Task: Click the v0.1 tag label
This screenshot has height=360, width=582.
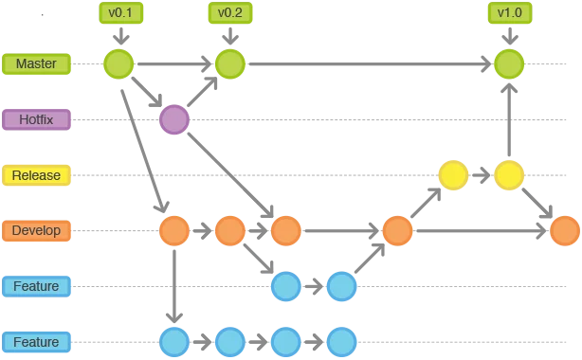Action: [x=121, y=13]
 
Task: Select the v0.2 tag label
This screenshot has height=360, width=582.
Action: [x=230, y=13]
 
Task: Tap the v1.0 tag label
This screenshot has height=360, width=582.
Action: [x=510, y=13]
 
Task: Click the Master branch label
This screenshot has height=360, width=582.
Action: [x=36, y=63]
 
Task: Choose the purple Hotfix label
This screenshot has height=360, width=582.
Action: [x=36, y=119]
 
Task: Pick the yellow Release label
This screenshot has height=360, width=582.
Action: [x=36, y=175]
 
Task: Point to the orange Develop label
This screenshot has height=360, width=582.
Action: [x=36, y=231]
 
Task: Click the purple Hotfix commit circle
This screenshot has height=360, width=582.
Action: [x=174, y=119]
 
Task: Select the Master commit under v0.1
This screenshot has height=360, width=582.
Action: [x=118, y=63]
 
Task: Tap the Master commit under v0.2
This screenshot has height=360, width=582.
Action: [x=230, y=63]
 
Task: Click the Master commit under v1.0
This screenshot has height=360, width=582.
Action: [x=509, y=63]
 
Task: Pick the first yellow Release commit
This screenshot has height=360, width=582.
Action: [x=453, y=175]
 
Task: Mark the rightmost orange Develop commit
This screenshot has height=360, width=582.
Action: [x=565, y=231]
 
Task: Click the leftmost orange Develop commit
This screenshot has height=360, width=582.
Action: [x=174, y=231]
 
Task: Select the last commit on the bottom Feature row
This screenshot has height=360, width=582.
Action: [x=342, y=342]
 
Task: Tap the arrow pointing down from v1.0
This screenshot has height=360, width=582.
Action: [x=510, y=36]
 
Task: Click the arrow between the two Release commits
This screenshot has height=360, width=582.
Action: [x=482, y=175]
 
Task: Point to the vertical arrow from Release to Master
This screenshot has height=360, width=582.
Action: [x=509, y=119]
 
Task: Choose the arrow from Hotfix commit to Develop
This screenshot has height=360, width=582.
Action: [x=230, y=175]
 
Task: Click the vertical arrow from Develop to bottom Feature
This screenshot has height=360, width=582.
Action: [x=174, y=286]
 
